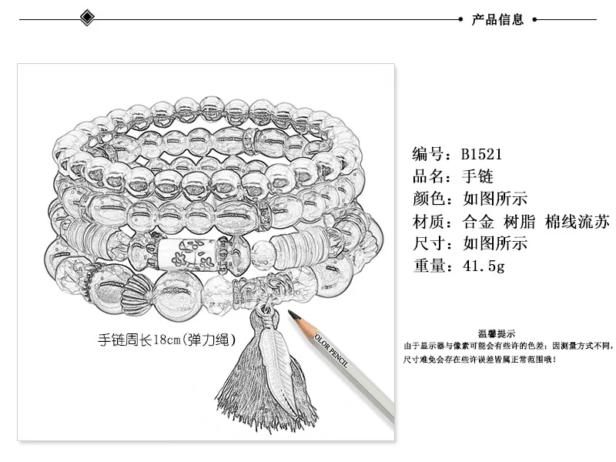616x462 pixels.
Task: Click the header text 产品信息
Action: [497, 20]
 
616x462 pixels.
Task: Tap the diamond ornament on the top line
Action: [86, 18]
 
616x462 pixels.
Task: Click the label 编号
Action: [428, 153]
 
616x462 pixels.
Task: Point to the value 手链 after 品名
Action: [477, 176]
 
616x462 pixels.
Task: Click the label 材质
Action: [428, 222]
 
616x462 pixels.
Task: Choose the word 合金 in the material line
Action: [479, 222]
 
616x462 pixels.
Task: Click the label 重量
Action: [428, 266]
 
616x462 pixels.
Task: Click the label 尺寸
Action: [428, 244]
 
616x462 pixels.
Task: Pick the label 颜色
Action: [428, 199]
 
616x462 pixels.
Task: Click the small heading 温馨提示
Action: [497, 333]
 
